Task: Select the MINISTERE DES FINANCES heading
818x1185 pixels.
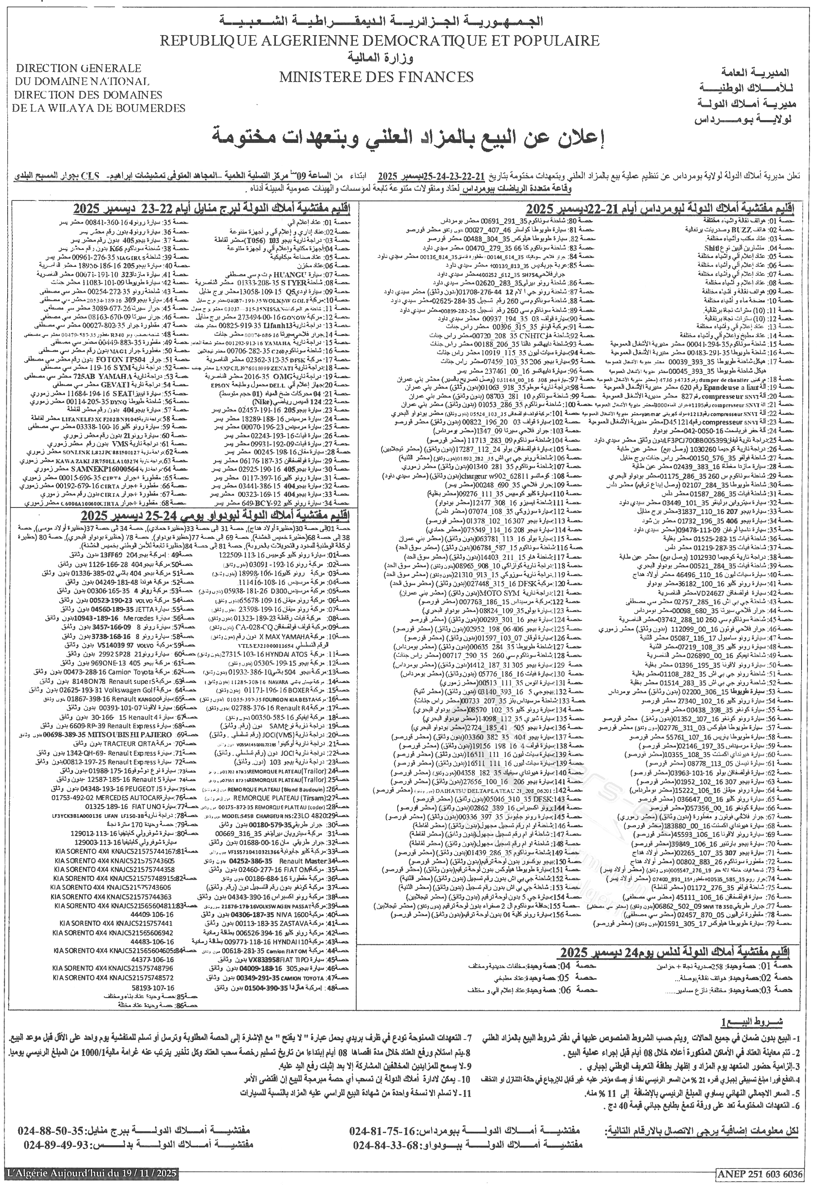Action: [376, 77]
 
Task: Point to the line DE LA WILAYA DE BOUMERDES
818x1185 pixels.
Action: [99, 108]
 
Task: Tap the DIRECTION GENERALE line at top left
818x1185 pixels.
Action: [79, 68]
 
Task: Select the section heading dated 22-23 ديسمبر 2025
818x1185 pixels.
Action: [212, 209]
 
